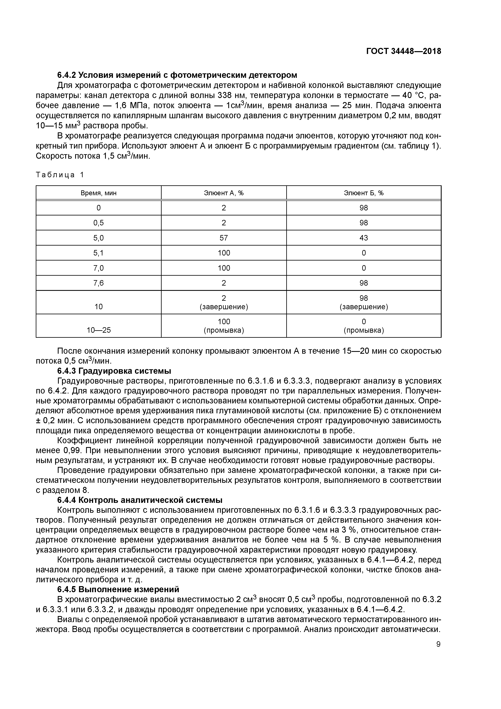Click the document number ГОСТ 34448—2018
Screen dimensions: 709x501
click(x=403, y=51)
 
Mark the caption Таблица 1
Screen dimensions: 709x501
click(x=60, y=175)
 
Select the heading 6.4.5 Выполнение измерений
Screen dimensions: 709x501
click(x=118, y=590)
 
